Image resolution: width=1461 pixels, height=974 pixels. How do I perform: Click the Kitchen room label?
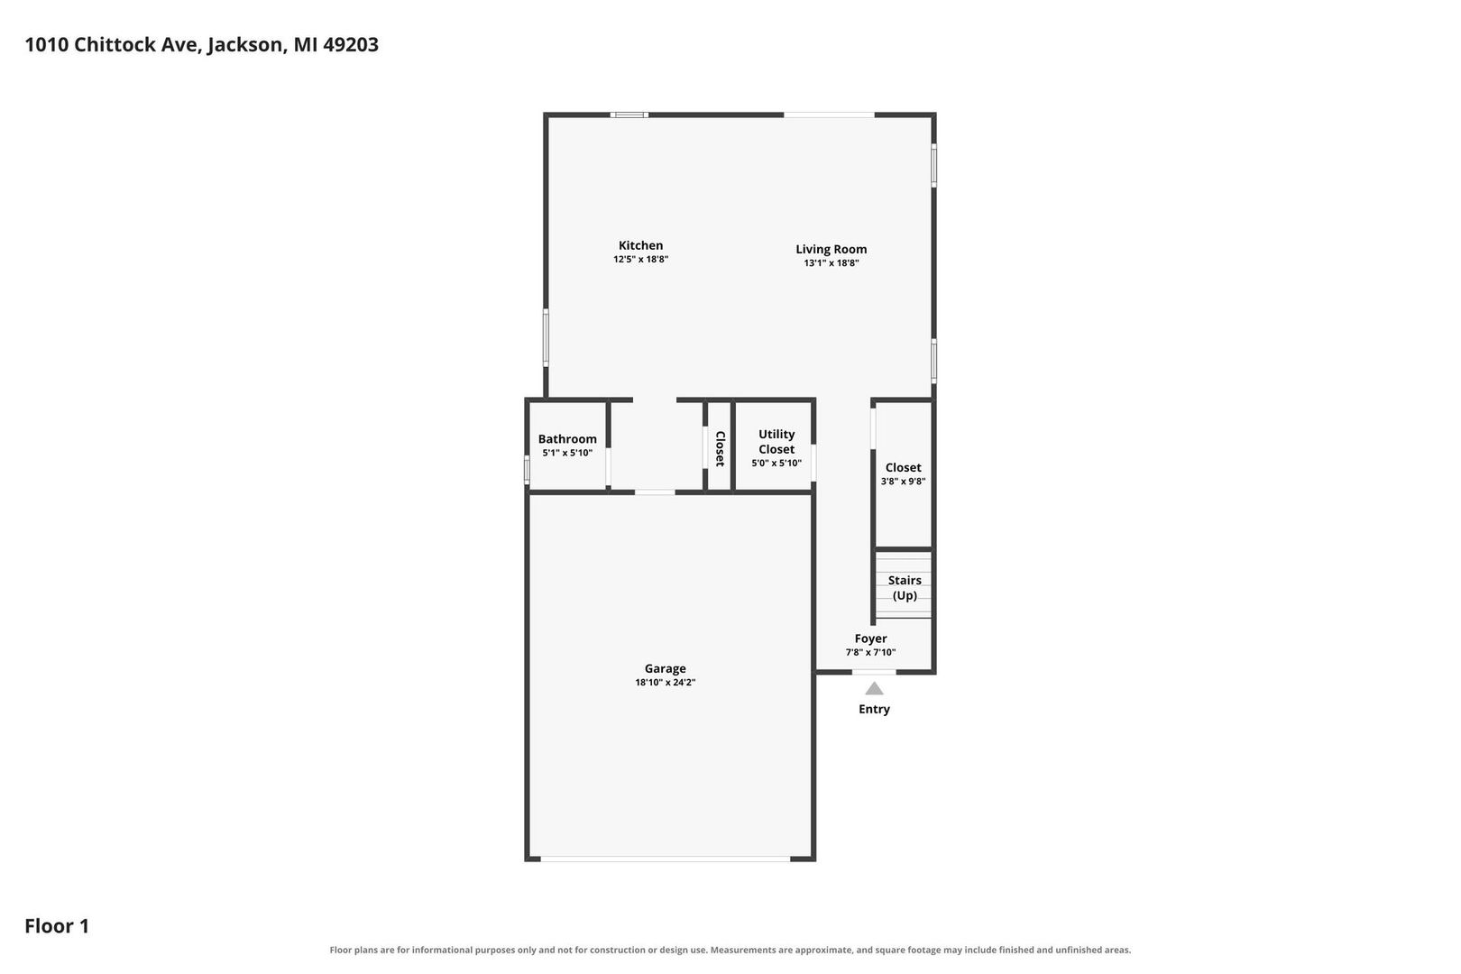640,245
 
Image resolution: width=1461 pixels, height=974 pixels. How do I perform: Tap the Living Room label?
831,249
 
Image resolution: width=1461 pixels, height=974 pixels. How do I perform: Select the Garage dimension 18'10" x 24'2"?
666,683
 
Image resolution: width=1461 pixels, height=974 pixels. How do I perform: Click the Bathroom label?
567,439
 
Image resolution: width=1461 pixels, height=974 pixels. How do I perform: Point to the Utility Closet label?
776,442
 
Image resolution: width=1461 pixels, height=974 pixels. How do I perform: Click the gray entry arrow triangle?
874,689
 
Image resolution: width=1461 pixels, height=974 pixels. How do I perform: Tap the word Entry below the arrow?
874,709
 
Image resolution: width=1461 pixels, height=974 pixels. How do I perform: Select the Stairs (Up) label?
905,588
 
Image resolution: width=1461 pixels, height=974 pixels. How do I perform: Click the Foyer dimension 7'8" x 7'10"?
870,652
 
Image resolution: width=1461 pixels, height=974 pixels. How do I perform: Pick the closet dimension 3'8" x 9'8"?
904,482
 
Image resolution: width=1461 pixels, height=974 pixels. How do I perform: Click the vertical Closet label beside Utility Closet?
720,449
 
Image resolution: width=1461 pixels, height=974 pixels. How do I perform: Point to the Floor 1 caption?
57,925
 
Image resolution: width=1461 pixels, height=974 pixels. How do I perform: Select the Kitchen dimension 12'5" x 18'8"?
640,260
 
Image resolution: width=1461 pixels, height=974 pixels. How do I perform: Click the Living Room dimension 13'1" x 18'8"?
831,263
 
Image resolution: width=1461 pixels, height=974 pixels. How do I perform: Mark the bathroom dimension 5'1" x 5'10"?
567,453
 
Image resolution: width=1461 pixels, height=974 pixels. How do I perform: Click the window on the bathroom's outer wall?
527,470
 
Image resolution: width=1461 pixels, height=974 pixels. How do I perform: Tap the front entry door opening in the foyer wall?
874,672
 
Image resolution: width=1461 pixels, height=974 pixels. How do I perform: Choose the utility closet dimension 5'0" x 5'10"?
776,464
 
